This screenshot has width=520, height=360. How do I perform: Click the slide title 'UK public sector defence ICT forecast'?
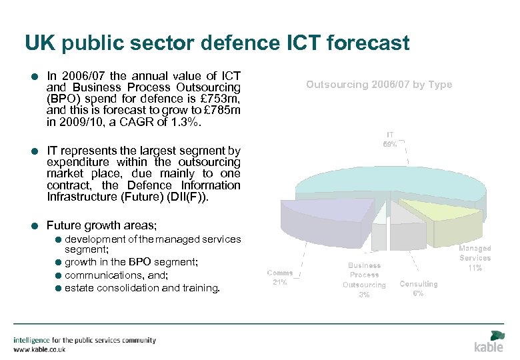(x=217, y=43)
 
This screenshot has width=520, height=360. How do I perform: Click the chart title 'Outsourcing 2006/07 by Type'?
(x=379, y=85)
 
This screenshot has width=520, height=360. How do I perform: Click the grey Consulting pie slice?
(x=403, y=213)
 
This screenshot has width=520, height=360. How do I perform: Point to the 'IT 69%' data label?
(x=389, y=139)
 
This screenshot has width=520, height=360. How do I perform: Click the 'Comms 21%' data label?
(x=280, y=277)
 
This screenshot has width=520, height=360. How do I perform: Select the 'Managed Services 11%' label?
(x=475, y=258)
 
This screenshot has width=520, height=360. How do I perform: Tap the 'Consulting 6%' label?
(x=418, y=289)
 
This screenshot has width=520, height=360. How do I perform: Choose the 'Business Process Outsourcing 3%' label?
(x=364, y=280)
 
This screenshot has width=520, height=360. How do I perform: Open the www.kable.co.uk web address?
(x=41, y=349)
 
